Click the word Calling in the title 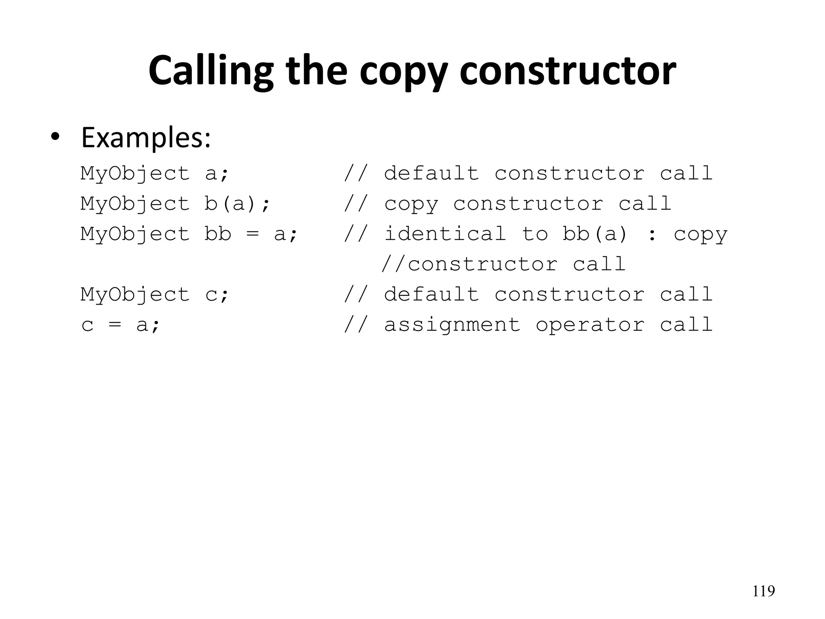211,71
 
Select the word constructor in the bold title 568,71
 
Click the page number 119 764,591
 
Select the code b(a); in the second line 237,204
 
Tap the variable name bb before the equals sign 218,234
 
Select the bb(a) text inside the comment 595,234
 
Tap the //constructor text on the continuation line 470,264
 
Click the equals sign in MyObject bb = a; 253,234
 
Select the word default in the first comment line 431,173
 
